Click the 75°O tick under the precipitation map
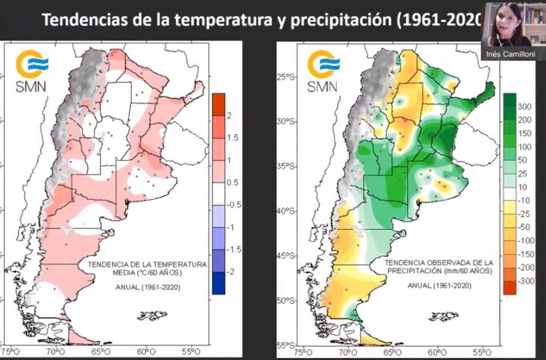point(301,352)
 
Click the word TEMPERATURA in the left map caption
point(180,263)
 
